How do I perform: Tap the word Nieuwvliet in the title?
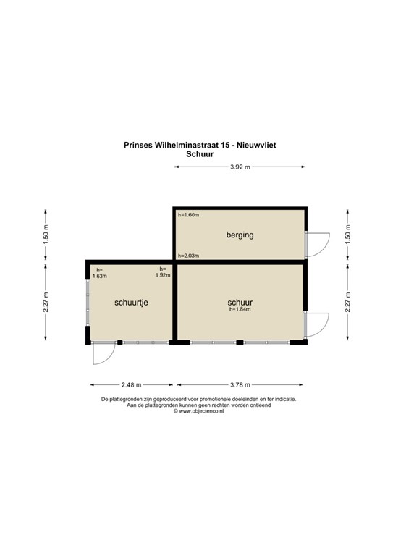(253, 145)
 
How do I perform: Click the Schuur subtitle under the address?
(199, 153)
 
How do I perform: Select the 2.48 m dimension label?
(130, 384)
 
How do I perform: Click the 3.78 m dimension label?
(240, 384)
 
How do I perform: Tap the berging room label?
(240, 235)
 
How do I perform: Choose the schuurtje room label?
(131, 303)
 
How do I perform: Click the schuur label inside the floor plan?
(240, 302)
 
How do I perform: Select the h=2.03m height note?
(189, 256)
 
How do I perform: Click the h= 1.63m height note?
(100, 273)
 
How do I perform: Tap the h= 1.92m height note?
(164, 273)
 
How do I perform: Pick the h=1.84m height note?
(240, 310)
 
